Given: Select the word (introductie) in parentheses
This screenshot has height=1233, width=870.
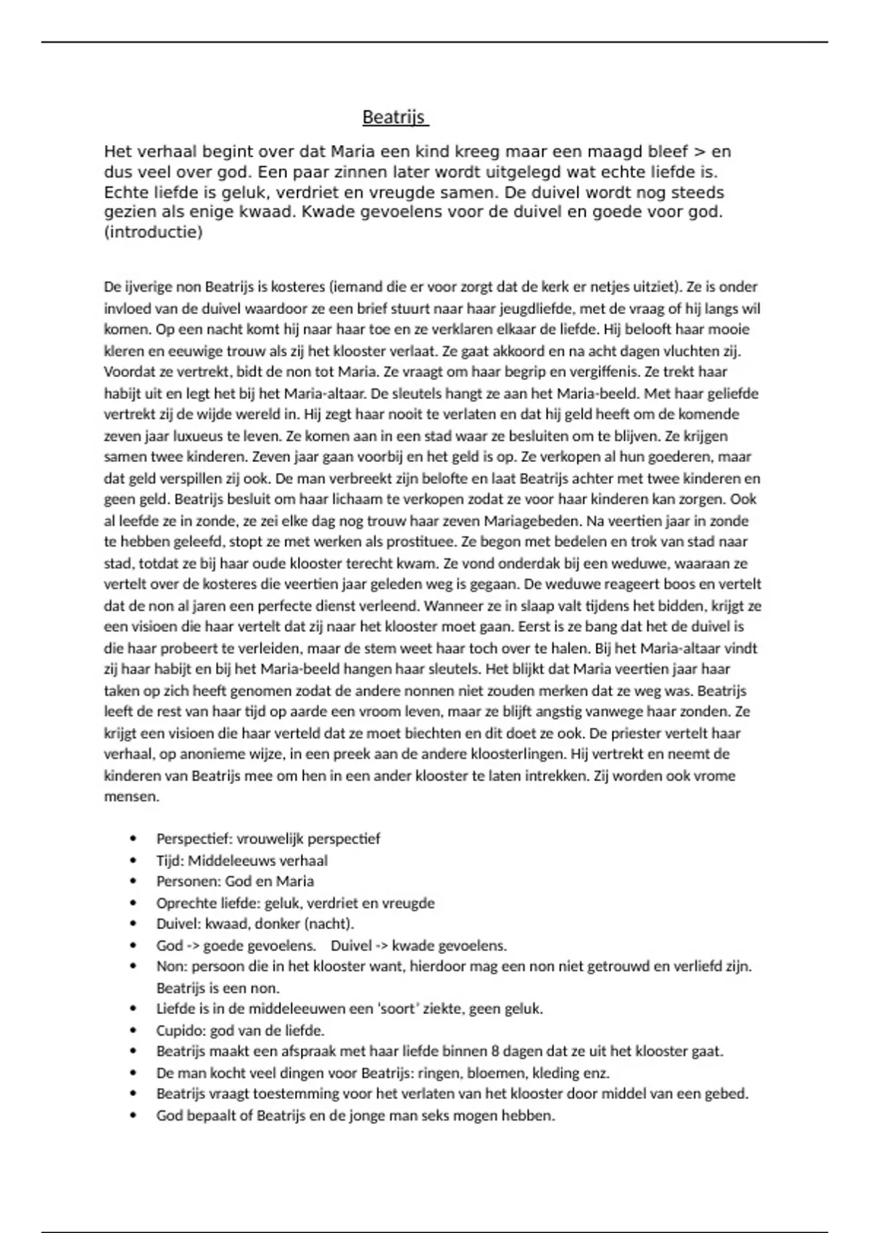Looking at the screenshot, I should point(153,233).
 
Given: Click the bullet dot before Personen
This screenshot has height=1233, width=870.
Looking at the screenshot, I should point(133,882).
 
